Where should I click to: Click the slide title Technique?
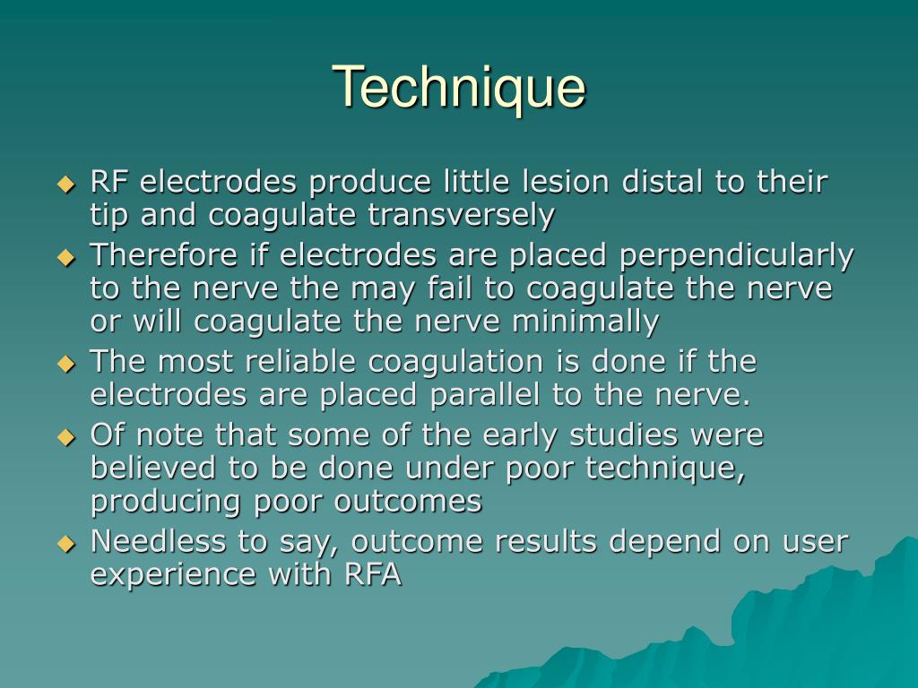coord(459,88)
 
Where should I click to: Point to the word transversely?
coord(461,216)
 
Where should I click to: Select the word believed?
coord(152,469)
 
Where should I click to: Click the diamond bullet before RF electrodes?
coord(65,185)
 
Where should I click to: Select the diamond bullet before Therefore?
coord(65,257)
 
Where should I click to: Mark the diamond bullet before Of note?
coord(65,437)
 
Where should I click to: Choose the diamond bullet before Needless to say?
coord(65,543)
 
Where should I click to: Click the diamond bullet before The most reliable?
coord(65,364)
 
